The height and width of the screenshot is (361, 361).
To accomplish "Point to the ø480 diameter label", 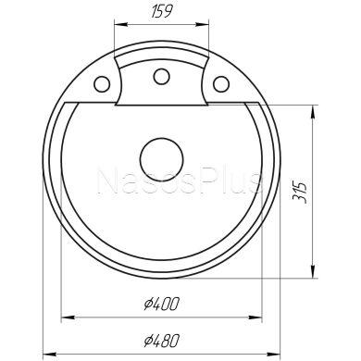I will pyautogui.click(x=162, y=339).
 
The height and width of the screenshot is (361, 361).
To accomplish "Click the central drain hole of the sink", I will pyautogui.click(x=160, y=156).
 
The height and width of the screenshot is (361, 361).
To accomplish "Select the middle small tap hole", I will pyautogui.click(x=160, y=76).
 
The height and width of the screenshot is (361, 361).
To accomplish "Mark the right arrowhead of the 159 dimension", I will pyautogui.click(x=203, y=28).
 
